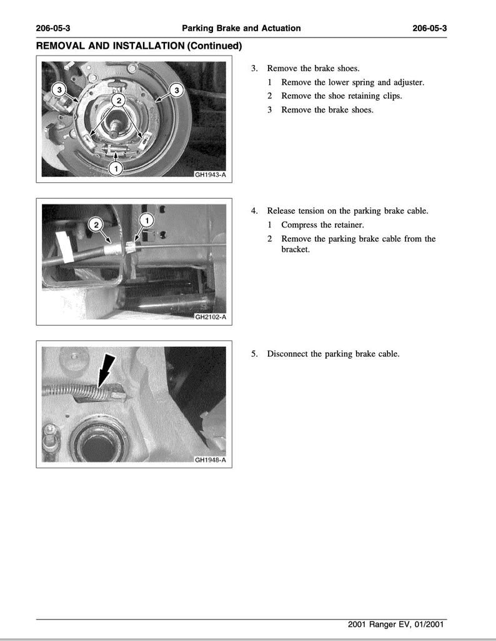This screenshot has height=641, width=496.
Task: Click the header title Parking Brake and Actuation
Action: pyautogui.click(x=241, y=28)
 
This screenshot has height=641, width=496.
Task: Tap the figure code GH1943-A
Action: pyautogui.click(x=210, y=176)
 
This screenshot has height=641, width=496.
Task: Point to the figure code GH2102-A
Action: pyautogui.click(x=210, y=317)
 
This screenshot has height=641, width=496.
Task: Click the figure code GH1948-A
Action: pyautogui.click(x=210, y=461)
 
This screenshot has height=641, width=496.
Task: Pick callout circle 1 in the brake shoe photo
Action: pyautogui.click(x=116, y=167)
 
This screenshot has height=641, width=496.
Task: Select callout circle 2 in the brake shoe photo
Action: pyautogui.click(x=118, y=100)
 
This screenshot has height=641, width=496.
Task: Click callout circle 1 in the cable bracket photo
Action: pyautogui.click(x=146, y=220)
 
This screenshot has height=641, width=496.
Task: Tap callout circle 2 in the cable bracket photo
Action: pyautogui.click(x=96, y=225)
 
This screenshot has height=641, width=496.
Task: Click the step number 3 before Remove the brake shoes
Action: pyautogui.click(x=254, y=68)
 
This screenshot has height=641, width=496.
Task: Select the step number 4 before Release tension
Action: pyautogui.click(x=254, y=211)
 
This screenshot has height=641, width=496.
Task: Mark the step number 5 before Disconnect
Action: pyautogui.click(x=254, y=354)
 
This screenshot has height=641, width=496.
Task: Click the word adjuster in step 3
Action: pyautogui.click(x=409, y=82)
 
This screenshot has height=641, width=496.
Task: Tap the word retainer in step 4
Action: pyautogui.click(x=347, y=225)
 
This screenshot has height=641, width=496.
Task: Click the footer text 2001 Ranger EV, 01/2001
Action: pyautogui.click(x=397, y=624)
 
